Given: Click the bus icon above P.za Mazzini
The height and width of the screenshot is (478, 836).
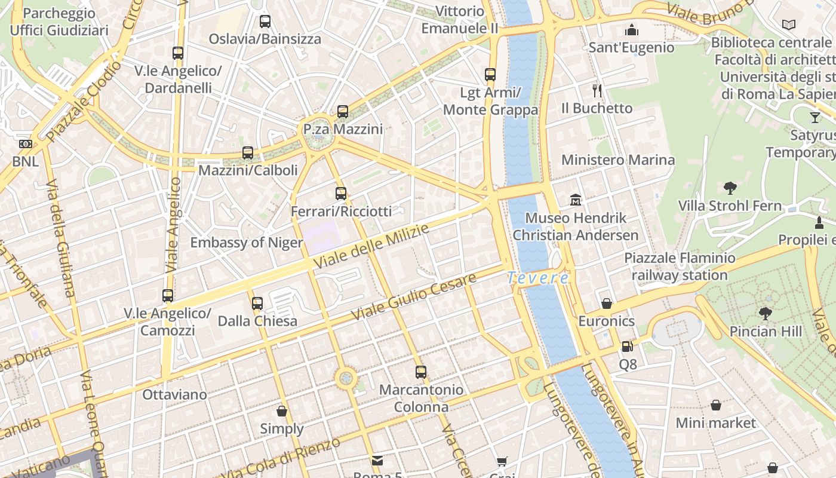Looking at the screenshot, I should (342, 112).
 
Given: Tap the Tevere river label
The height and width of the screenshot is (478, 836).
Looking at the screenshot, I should (538, 278).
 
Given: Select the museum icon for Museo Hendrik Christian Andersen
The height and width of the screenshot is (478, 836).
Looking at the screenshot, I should (576, 200).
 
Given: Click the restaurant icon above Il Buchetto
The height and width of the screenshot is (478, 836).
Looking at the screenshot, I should (597, 90).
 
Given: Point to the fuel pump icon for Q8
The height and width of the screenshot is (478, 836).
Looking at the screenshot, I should (627, 346).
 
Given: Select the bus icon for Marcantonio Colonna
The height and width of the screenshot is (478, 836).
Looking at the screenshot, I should (421, 372).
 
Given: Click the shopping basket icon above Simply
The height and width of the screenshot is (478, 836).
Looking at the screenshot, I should (282, 411).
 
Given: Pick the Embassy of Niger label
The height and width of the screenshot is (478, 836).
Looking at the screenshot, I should (247, 243).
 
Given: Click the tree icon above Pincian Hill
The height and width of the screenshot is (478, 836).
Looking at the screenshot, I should (766, 313).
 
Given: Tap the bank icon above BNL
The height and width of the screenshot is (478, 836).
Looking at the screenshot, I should (25, 144).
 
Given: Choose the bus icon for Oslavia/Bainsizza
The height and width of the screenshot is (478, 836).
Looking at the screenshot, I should (265, 22).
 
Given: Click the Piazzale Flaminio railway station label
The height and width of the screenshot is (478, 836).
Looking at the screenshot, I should (680, 266).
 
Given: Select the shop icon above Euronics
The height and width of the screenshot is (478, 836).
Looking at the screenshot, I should (607, 304).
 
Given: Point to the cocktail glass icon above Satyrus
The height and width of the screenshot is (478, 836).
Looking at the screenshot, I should (815, 117).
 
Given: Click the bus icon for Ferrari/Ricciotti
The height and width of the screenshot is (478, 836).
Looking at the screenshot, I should (341, 193).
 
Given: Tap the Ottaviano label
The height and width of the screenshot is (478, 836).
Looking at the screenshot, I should (174, 394).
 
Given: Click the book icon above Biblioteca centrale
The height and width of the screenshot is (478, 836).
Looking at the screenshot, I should (789, 24).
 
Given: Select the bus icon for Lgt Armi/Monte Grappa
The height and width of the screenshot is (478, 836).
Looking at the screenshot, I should (490, 75).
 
